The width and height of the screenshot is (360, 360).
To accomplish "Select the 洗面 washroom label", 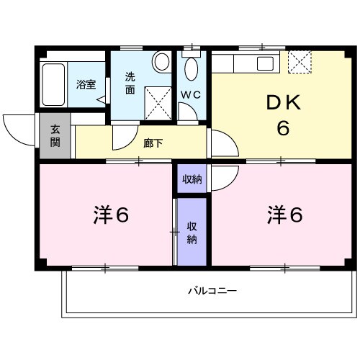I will (x=130, y=83).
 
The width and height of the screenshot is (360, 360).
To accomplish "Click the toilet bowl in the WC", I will (x=192, y=69).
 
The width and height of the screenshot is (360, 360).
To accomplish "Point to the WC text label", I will (x=190, y=94).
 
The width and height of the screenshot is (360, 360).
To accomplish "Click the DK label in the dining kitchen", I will (x=283, y=104).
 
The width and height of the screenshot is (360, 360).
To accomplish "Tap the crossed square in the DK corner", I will (x=300, y=62).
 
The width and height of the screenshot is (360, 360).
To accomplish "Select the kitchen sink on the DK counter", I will (x=264, y=63).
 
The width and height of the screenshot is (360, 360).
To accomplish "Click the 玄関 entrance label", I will (x=55, y=137).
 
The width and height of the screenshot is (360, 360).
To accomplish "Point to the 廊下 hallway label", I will (x=153, y=142).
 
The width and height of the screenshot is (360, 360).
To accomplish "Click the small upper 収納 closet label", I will (x=191, y=179).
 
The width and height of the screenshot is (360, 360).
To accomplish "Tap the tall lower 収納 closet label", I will (x=192, y=233).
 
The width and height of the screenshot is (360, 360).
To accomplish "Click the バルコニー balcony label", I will (x=212, y=291).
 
